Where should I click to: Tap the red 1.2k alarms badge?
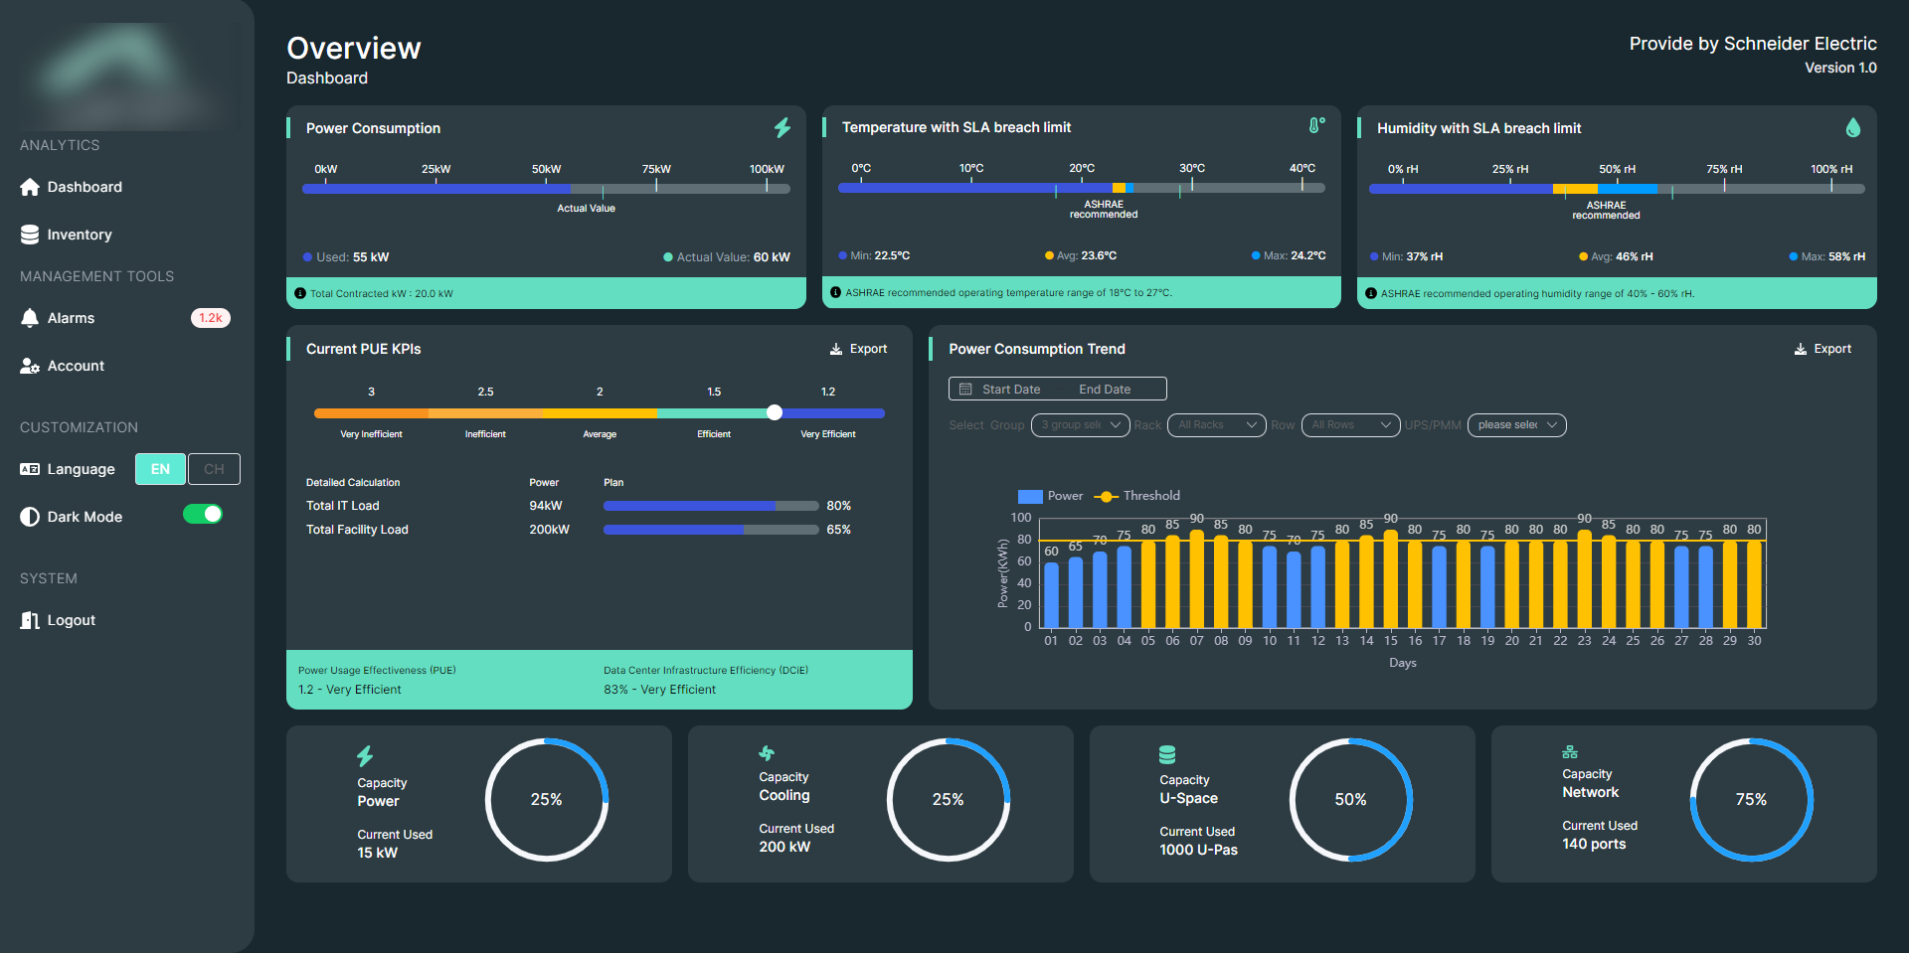(x=210, y=318)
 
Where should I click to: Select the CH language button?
(x=214, y=469)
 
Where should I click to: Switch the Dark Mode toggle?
(x=203, y=515)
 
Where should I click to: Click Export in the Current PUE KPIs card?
(x=859, y=349)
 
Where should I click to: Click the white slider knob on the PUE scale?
(x=775, y=412)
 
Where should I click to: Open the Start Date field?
(x=1010, y=390)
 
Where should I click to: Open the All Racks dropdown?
(x=1216, y=425)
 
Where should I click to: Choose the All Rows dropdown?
(x=1349, y=425)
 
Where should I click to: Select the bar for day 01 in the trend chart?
(x=1051, y=594)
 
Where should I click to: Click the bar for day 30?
(x=1754, y=584)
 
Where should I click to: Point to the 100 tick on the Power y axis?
(x=1021, y=518)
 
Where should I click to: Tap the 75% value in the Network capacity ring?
(x=1751, y=800)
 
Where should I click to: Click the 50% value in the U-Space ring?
(x=1350, y=800)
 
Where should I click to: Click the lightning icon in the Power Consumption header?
(x=782, y=127)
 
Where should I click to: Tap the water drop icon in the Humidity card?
(x=1852, y=127)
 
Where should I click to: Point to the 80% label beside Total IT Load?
(x=838, y=506)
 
